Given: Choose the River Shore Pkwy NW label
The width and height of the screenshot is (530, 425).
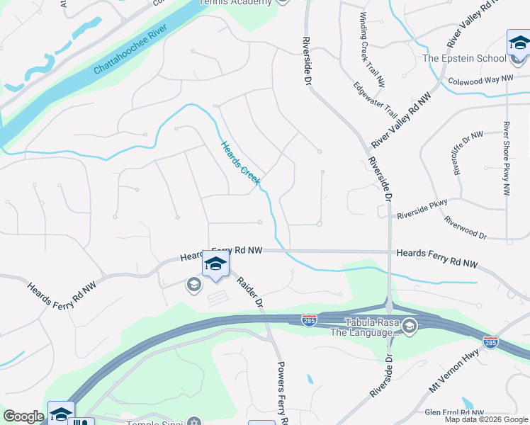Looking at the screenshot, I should pyautogui.click(x=507, y=159).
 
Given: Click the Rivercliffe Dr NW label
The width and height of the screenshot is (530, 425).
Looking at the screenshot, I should pyautogui.click(x=468, y=152).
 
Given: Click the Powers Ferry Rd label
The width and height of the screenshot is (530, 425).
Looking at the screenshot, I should pyautogui.click(x=281, y=392).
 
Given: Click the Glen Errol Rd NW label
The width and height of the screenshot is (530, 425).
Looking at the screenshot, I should pyautogui.click(x=454, y=412).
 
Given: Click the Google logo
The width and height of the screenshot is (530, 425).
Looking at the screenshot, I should pyautogui.click(x=23, y=416).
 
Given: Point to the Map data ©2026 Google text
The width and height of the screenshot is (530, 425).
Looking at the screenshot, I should pyautogui.click(x=486, y=419).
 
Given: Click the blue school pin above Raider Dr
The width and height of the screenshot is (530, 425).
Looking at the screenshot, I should pyautogui.click(x=215, y=264).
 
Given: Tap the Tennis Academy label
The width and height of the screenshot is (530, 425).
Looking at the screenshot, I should pyautogui.click(x=235, y=2).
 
